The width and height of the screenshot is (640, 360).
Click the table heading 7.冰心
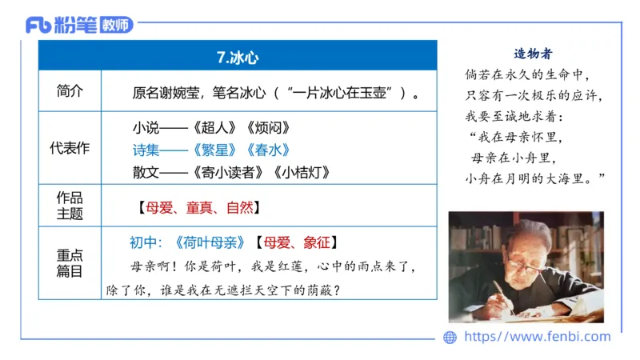click(238, 58)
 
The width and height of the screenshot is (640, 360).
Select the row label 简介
click(70, 91)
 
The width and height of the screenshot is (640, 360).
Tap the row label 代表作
click(70, 149)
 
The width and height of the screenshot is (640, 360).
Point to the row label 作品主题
click(70, 206)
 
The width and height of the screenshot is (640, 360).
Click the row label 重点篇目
click(70, 263)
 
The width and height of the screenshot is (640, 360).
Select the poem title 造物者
click(532, 54)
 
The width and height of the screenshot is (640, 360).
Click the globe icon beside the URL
click(450, 337)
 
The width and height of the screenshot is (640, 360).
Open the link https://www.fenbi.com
click(537, 337)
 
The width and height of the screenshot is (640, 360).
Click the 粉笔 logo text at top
click(76, 25)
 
